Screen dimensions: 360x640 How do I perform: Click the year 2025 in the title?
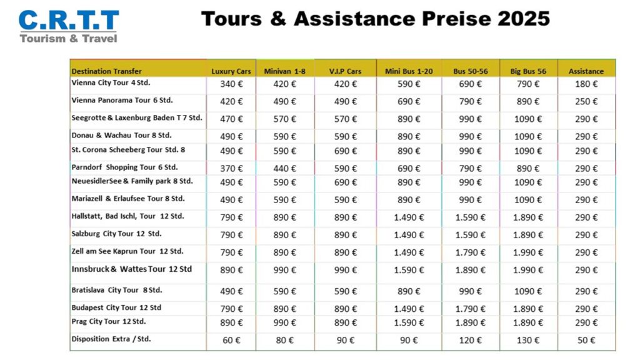point(524,19)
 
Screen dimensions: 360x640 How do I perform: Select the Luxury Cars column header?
point(231,71)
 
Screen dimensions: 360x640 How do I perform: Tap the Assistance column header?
point(586,71)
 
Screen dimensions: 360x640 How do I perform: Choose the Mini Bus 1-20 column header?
point(409,71)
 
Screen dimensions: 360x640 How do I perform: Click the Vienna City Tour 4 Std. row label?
point(111,82)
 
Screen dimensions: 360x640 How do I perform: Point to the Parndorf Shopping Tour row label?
point(124,167)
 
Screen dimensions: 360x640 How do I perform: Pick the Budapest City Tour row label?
point(116,307)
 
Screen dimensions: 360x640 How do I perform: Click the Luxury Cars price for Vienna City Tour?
point(231,84)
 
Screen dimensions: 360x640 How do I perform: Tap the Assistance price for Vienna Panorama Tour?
point(586,101)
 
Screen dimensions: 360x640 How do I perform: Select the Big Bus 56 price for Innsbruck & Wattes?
point(528,270)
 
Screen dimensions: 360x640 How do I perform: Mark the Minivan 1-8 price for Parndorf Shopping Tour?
point(284,168)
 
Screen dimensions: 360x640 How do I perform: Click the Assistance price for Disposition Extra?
point(586,341)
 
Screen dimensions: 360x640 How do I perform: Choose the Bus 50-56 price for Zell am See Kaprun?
point(471,252)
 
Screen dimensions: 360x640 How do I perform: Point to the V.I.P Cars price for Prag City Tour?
point(345,322)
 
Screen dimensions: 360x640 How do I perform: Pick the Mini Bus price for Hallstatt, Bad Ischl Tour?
point(409,217)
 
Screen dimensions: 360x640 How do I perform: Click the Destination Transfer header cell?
point(106,71)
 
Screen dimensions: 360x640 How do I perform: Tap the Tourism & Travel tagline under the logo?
point(68,38)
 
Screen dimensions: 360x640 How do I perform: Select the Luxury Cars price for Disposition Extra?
point(231,341)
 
